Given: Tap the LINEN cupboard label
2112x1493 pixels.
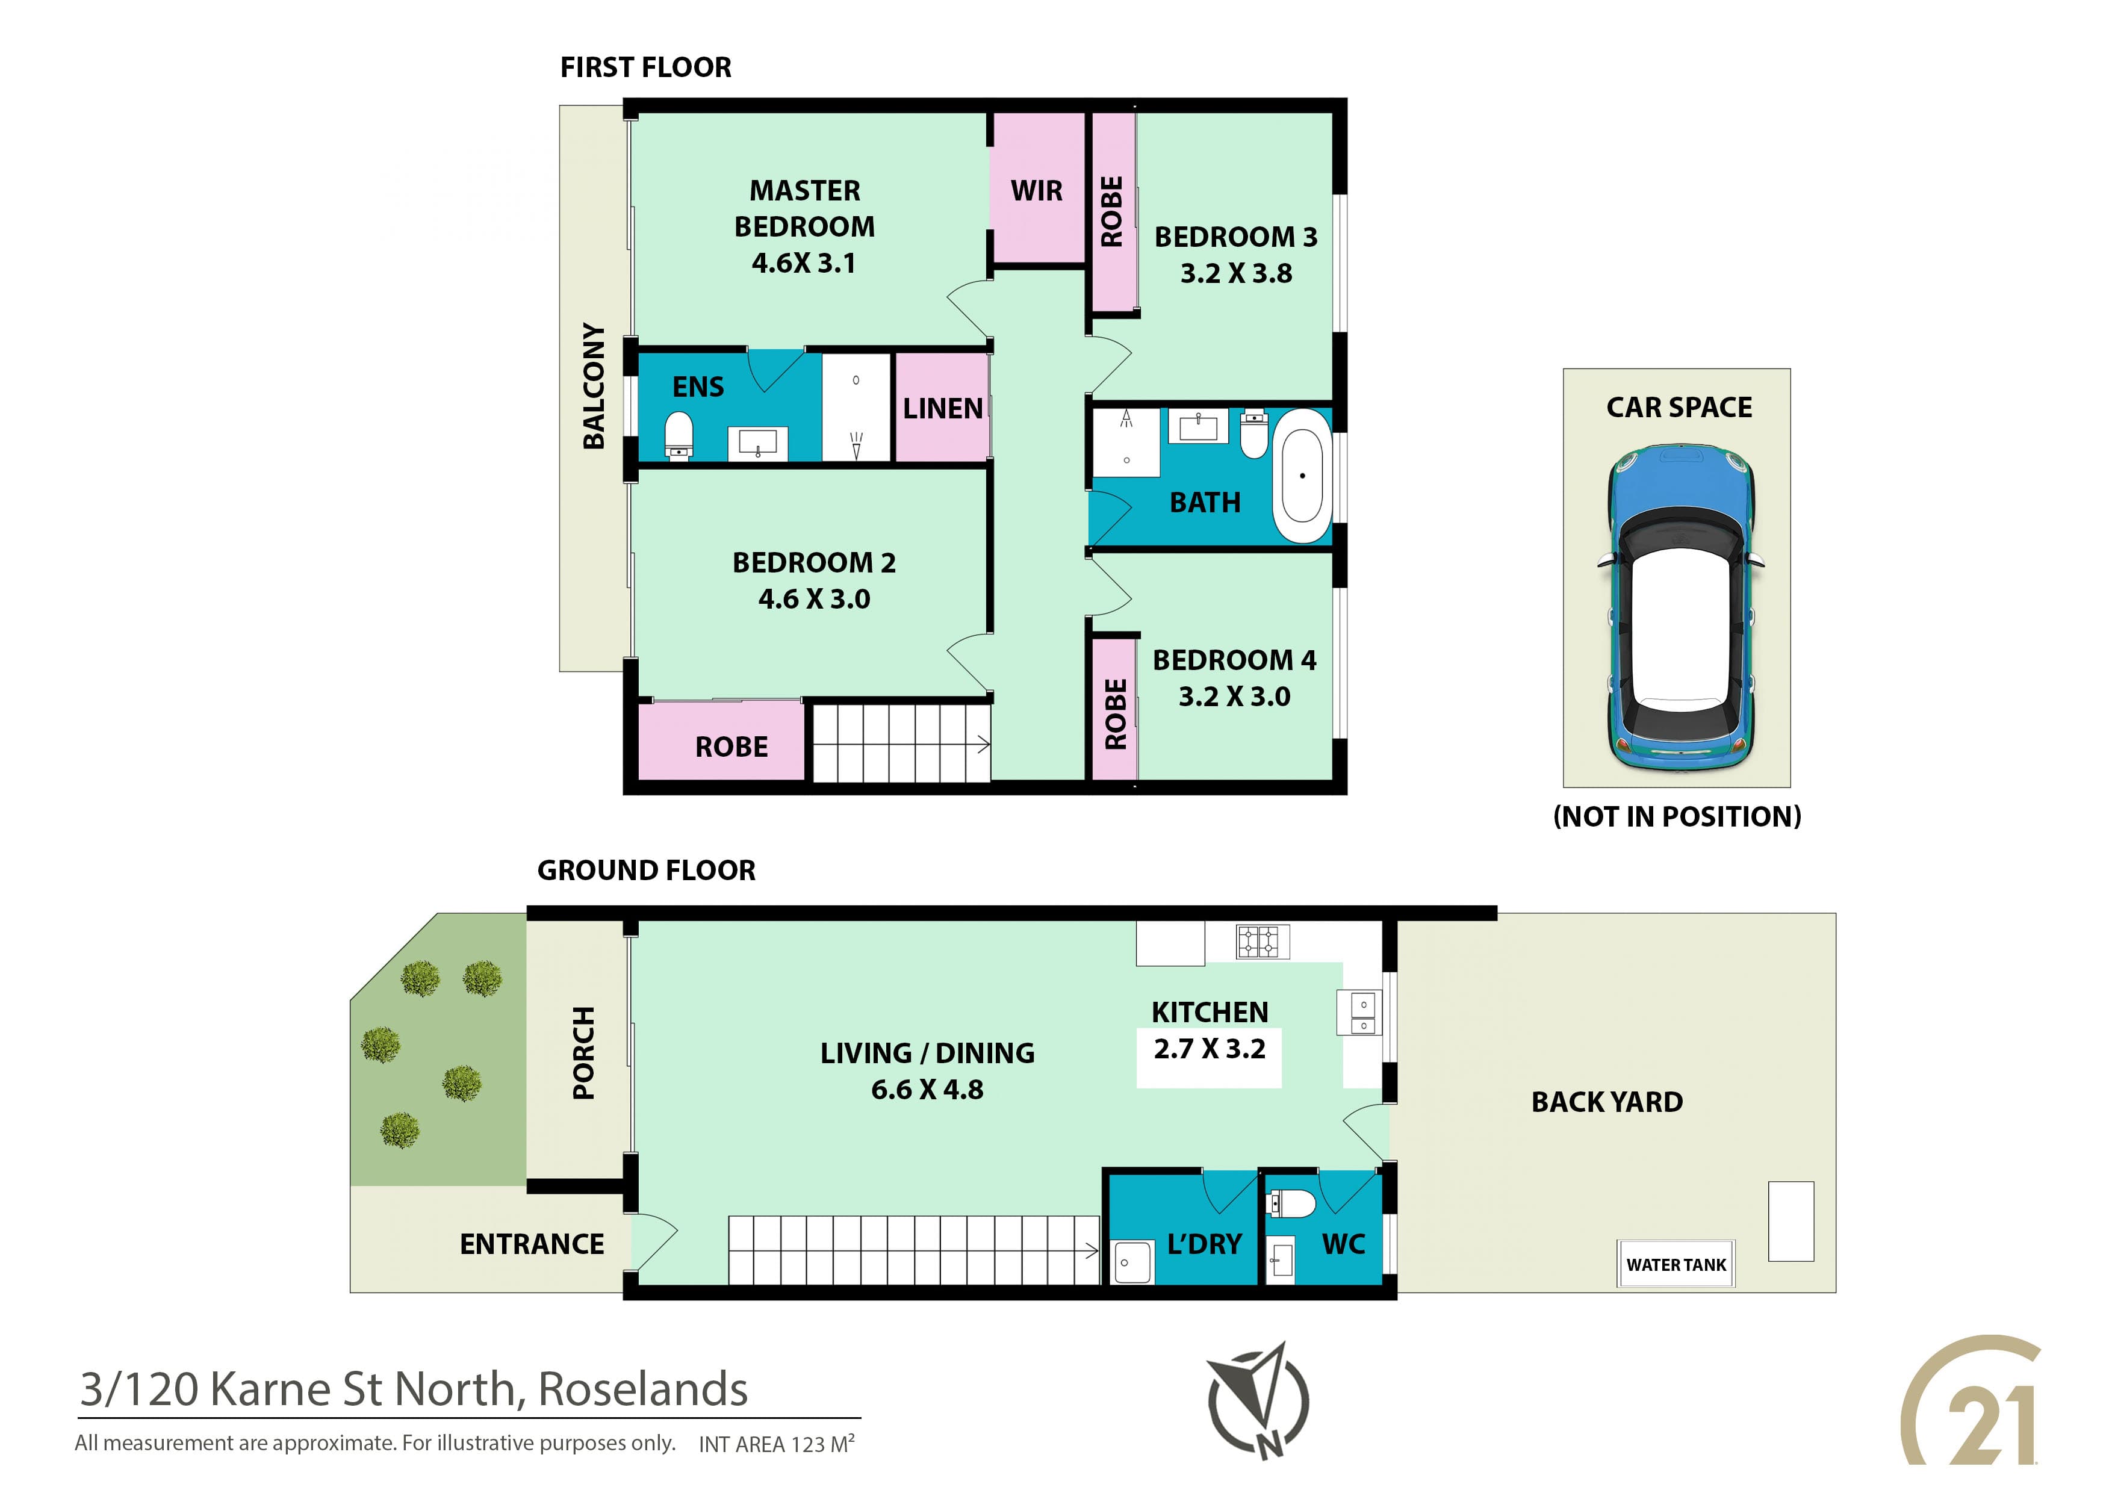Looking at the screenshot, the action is pyautogui.click(x=943, y=408).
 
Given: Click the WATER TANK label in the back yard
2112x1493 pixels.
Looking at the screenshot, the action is pyautogui.click(x=1676, y=1265).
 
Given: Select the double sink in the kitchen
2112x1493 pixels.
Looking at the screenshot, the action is pyautogui.click(x=1363, y=1012).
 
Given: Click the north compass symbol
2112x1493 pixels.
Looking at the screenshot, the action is pyautogui.click(x=1258, y=1401).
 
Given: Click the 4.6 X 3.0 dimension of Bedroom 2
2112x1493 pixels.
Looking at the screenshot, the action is pyautogui.click(x=814, y=599).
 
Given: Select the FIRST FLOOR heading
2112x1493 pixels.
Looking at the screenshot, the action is pyautogui.click(x=646, y=67).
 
